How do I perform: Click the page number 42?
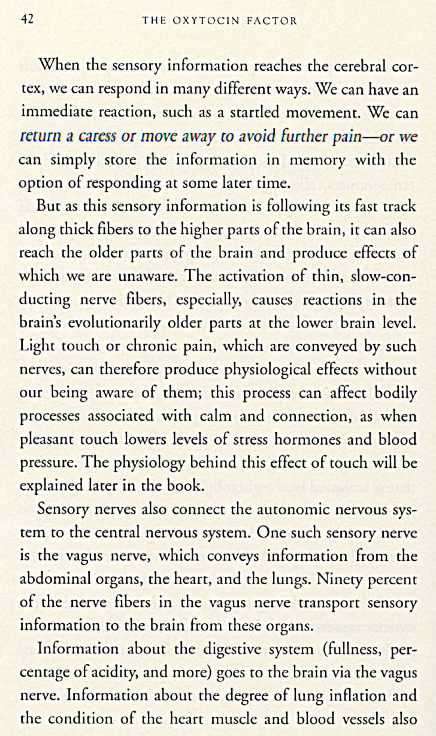pos(27,19)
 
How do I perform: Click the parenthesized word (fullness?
pos(338,650)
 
